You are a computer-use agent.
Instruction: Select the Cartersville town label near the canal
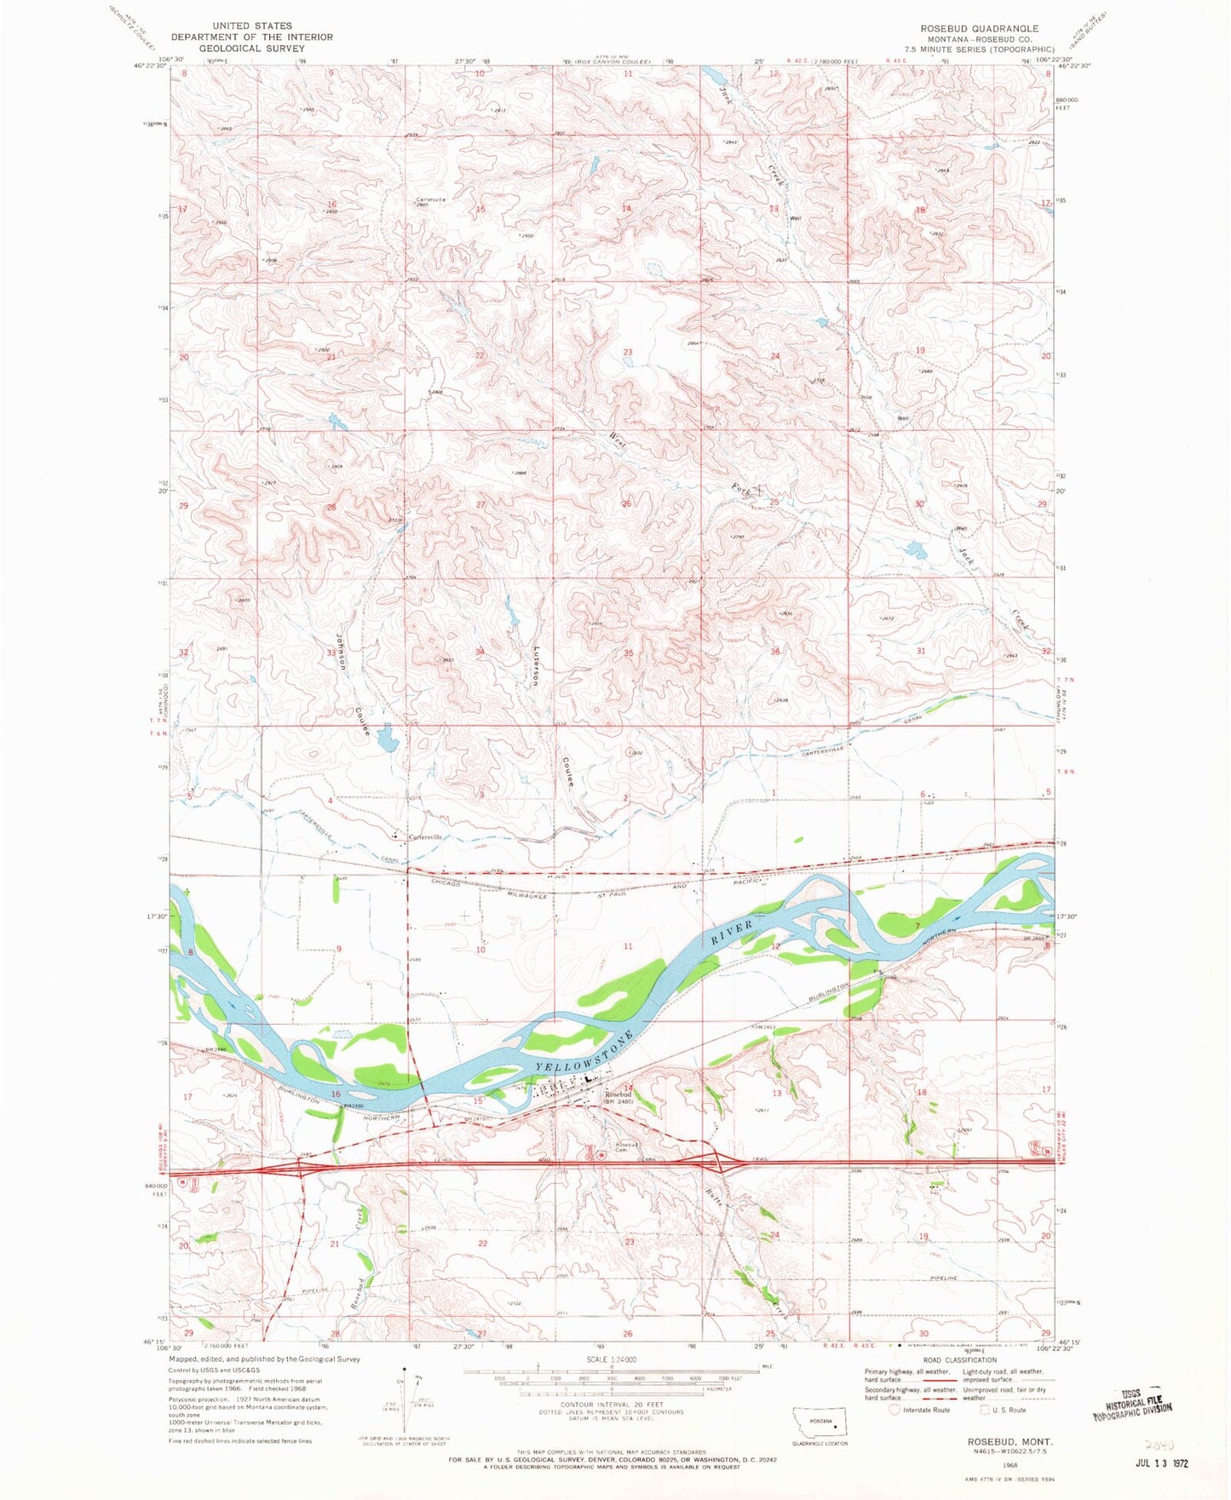coord(425,837)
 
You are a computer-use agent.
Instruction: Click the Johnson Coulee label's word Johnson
coord(340,651)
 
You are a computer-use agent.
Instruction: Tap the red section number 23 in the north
coord(628,352)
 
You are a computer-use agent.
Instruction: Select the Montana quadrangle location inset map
coord(820,1424)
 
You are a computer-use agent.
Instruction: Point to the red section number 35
coord(628,653)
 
